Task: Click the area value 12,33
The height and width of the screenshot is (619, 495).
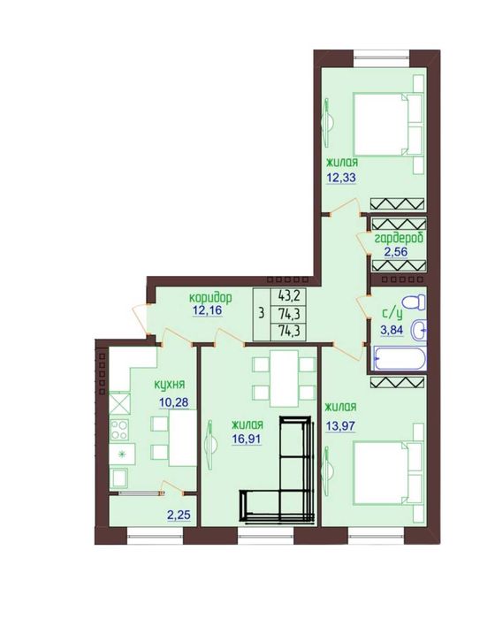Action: (x=341, y=178)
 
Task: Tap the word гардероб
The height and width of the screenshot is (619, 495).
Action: (x=399, y=238)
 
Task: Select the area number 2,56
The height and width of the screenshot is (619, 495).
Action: (x=395, y=252)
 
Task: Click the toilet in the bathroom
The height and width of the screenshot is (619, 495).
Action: (x=414, y=303)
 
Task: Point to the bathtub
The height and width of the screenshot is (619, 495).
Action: (x=400, y=358)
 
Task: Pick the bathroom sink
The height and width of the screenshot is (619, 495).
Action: (x=418, y=330)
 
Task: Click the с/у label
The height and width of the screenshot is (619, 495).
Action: (x=392, y=314)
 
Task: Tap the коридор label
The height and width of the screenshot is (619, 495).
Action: (x=210, y=297)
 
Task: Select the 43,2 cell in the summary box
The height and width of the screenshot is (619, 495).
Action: (x=288, y=295)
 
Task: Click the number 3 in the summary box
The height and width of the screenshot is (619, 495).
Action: (x=262, y=314)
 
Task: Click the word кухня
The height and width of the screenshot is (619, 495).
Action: (x=170, y=385)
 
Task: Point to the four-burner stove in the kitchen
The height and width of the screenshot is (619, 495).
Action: (x=119, y=430)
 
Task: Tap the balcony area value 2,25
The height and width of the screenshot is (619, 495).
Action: (x=179, y=515)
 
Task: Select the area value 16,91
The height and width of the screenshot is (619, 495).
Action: (x=247, y=439)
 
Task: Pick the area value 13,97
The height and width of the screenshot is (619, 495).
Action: (x=340, y=426)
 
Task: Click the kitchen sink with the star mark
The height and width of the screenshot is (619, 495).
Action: (x=122, y=454)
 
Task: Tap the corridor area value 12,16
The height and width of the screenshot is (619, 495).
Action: (x=207, y=310)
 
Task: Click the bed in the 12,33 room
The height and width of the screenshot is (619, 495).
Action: (x=388, y=124)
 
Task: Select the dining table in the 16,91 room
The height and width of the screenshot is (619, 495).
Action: (x=284, y=378)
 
